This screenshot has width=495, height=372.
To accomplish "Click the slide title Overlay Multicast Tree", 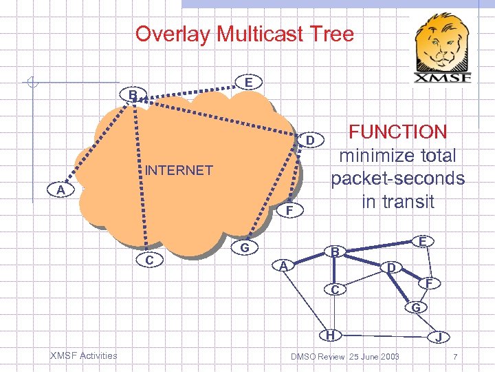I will click(x=245, y=34).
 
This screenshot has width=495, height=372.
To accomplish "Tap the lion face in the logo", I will click(x=443, y=44).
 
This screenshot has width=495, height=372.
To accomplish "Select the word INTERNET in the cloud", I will click(x=179, y=170).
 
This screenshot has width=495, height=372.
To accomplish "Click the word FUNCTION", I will click(x=398, y=132).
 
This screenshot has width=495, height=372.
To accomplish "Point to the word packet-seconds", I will click(x=397, y=178).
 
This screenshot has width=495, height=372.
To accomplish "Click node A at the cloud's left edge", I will click(x=61, y=190).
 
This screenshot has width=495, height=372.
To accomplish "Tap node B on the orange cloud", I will click(x=133, y=94).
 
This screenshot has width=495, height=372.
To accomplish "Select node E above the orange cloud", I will click(x=247, y=82).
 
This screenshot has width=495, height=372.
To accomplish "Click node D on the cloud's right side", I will click(x=310, y=141).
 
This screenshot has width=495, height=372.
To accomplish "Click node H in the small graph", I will click(x=331, y=335).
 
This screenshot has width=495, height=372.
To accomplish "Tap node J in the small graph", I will click(x=437, y=338).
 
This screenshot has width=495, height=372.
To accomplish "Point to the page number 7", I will click(x=455, y=356).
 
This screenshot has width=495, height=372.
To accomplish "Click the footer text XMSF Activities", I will click(x=84, y=355).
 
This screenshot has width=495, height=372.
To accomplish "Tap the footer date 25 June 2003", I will click(x=374, y=356).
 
